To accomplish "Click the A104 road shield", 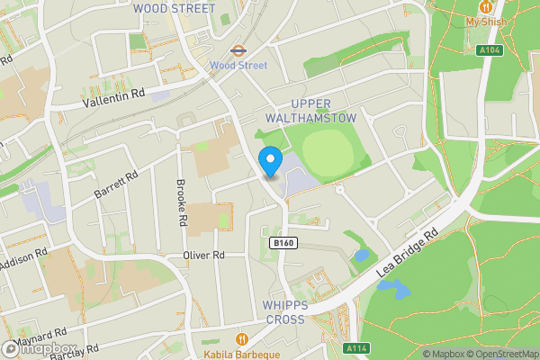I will [489, 51].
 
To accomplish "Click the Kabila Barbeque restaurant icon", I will [242, 338].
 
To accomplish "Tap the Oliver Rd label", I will [202, 256].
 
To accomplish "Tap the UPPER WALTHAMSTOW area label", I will [311, 111].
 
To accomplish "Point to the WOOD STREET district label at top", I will [174, 8].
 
